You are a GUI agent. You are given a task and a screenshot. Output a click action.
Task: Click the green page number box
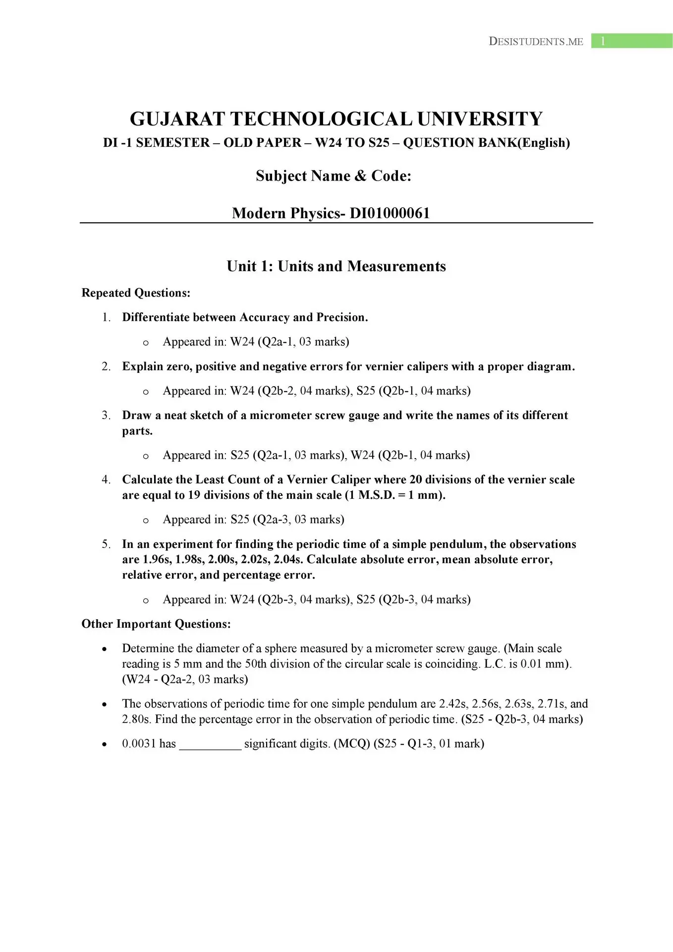pyautogui.click(x=631, y=41)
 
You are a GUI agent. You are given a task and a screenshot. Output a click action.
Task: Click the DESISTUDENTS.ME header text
pyautogui.click(x=536, y=42)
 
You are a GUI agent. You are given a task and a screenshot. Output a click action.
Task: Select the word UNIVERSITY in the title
pyautogui.click(x=480, y=119)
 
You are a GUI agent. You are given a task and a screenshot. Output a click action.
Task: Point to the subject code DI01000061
pyautogui.click(x=390, y=213)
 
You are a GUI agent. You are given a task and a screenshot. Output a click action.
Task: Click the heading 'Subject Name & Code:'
pyautogui.click(x=334, y=176)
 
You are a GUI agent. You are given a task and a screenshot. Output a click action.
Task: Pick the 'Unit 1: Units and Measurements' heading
pyautogui.click(x=336, y=266)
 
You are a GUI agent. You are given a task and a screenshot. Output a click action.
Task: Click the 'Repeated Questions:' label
pyautogui.click(x=136, y=293)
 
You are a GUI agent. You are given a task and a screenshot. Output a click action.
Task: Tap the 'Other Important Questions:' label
pyautogui.click(x=156, y=624)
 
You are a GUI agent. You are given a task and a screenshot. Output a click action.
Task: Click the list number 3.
pyautogui.click(x=106, y=416)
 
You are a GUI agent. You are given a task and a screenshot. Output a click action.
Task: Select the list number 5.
pyautogui.click(x=106, y=544)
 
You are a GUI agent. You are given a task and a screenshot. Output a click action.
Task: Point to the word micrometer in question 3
pyautogui.click(x=276, y=416)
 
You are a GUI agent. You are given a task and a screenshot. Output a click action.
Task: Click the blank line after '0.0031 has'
pyautogui.click(x=210, y=744)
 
